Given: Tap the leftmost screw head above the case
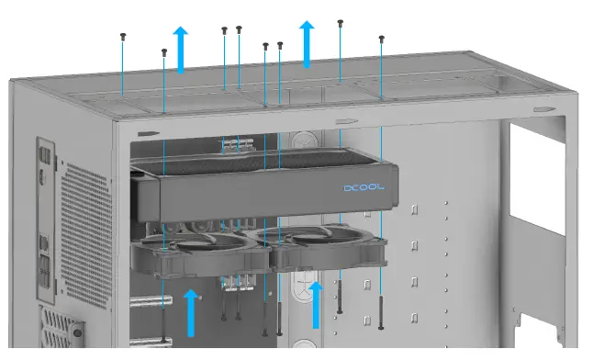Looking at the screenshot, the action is (x=123, y=36).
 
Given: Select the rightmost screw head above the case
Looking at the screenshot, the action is (x=381, y=39).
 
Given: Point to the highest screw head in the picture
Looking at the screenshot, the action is (x=341, y=21).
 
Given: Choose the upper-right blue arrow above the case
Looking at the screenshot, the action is (x=308, y=43).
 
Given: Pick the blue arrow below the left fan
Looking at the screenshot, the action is (x=192, y=311).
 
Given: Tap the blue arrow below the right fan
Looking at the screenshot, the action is (x=316, y=305).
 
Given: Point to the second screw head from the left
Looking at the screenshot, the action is (x=163, y=51).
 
